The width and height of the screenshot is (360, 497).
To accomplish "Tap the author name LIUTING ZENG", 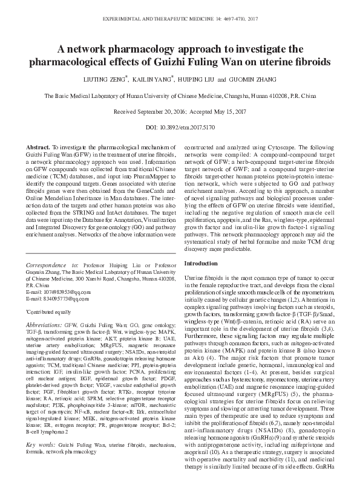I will (123, 79).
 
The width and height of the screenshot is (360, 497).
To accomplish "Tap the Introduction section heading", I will (201, 264).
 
